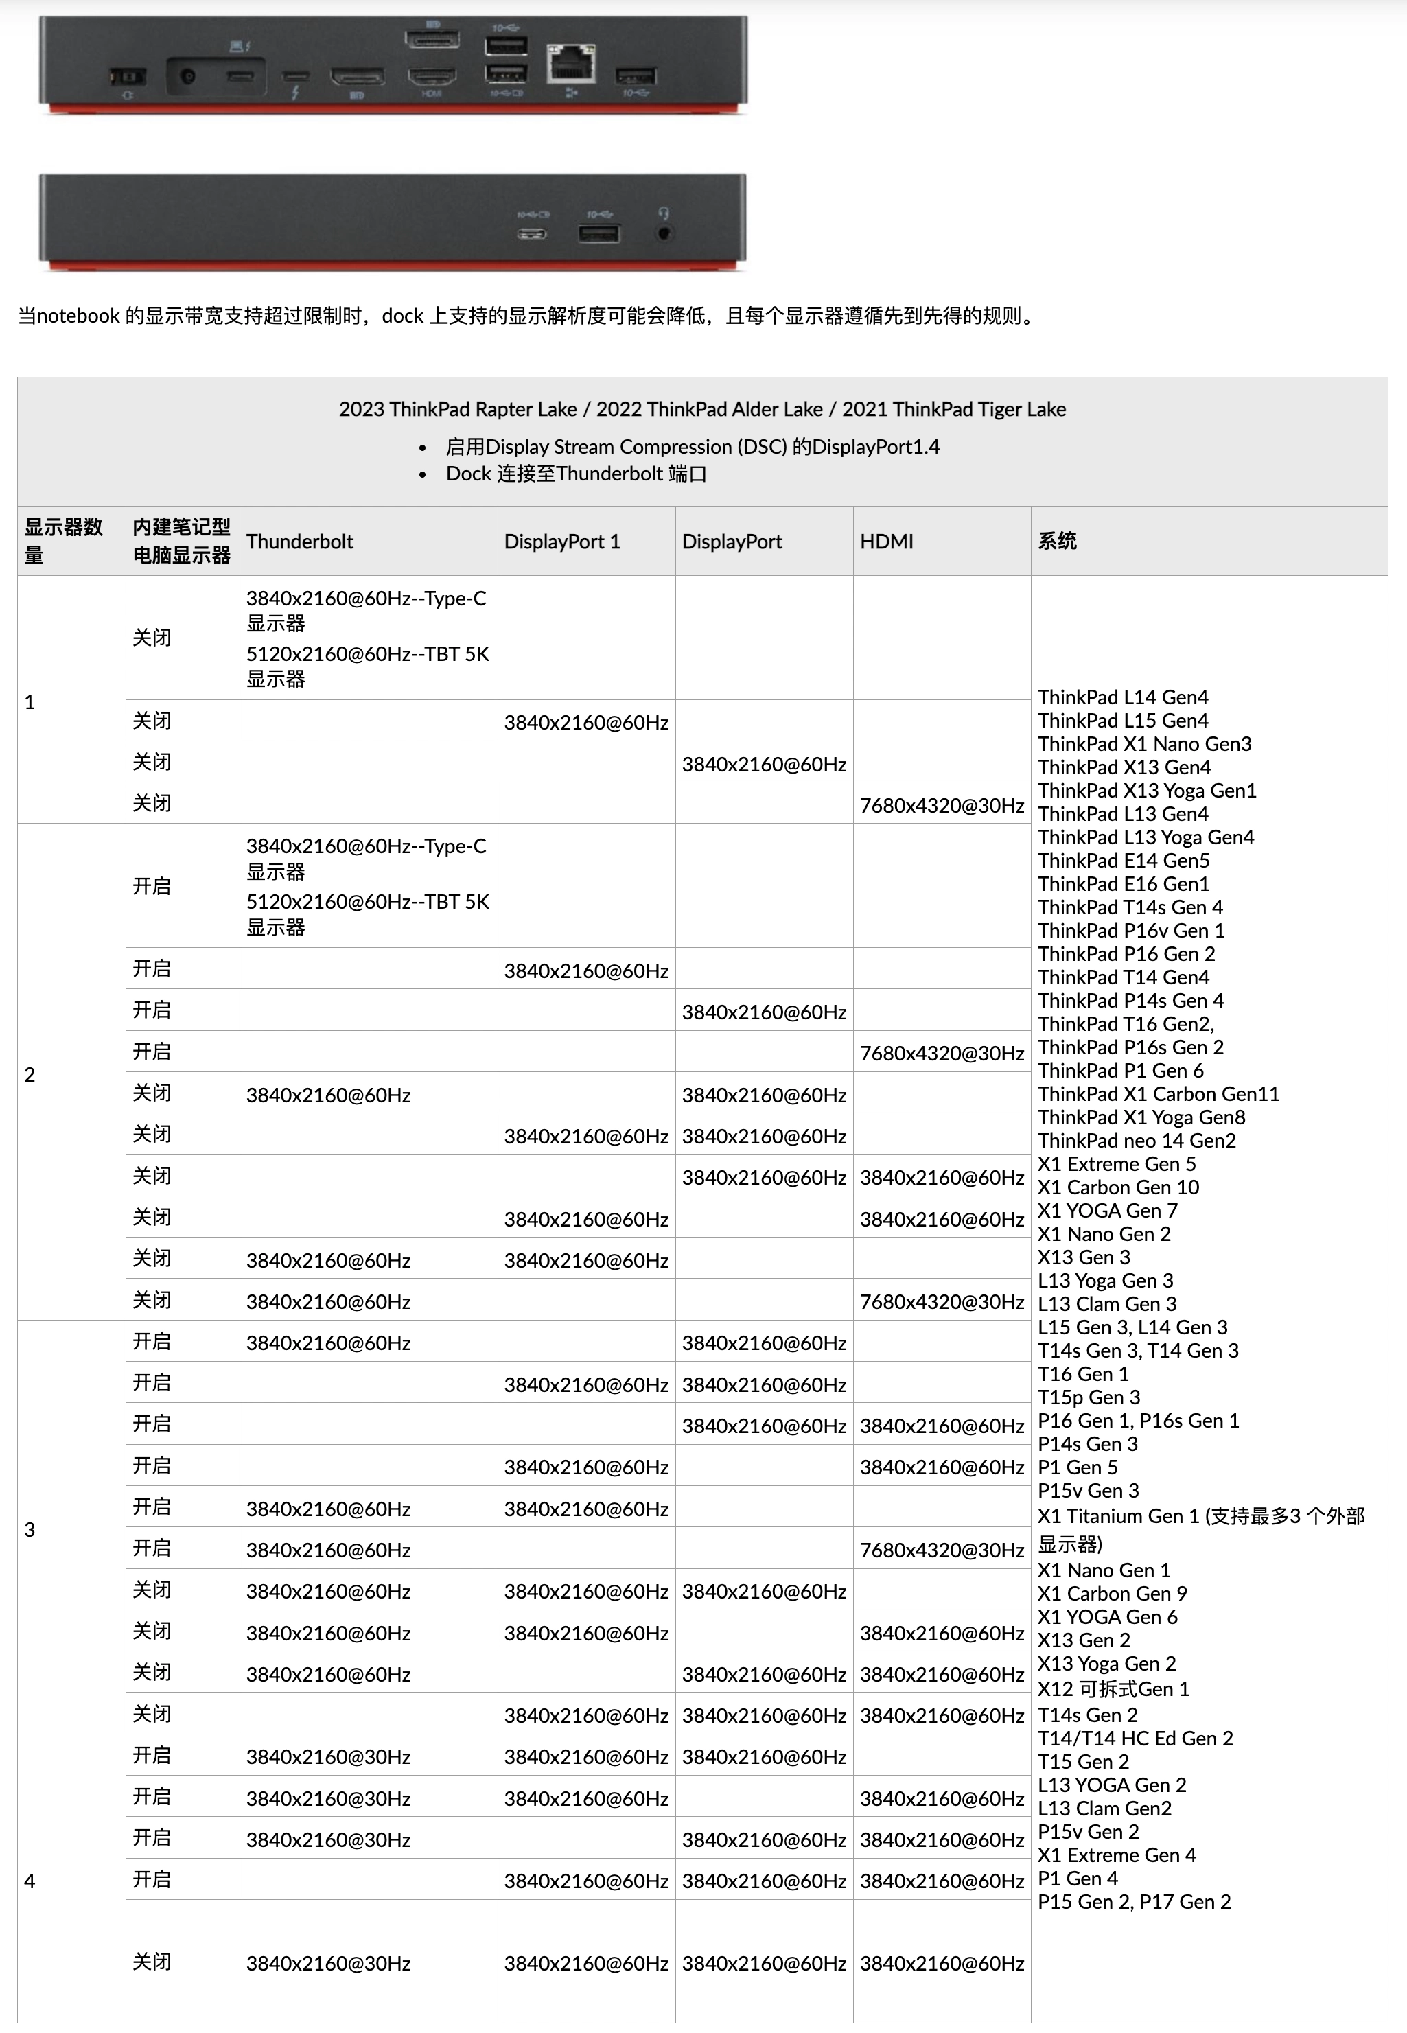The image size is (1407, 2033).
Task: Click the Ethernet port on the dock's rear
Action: (x=571, y=63)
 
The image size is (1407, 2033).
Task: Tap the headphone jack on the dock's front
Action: (x=664, y=233)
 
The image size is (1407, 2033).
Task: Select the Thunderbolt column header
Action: (x=300, y=542)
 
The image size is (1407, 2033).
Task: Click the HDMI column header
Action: (x=886, y=542)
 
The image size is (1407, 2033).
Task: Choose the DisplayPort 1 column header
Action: (x=561, y=542)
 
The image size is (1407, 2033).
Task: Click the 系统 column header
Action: (x=1057, y=542)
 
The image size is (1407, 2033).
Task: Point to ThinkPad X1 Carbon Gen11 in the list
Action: (x=1157, y=1094)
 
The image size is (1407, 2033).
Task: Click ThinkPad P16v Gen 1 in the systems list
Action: (x=1130, y=931)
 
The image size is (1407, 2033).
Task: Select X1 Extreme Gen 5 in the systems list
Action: (x=1116, y=1164)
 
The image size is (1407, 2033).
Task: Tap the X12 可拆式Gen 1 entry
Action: (x=1113, y=1689)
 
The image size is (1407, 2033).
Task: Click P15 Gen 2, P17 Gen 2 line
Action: (x=1134, y=1902)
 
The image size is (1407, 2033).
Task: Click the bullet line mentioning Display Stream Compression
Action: (x=692, y=447)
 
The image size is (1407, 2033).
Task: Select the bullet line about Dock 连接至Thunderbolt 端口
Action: (x=576, y=474)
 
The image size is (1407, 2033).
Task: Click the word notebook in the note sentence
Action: (x=78, y=316)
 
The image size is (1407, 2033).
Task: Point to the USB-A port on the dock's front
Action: (x=598, y=233)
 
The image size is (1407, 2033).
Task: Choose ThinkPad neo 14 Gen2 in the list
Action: (x=1137, y=1141)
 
